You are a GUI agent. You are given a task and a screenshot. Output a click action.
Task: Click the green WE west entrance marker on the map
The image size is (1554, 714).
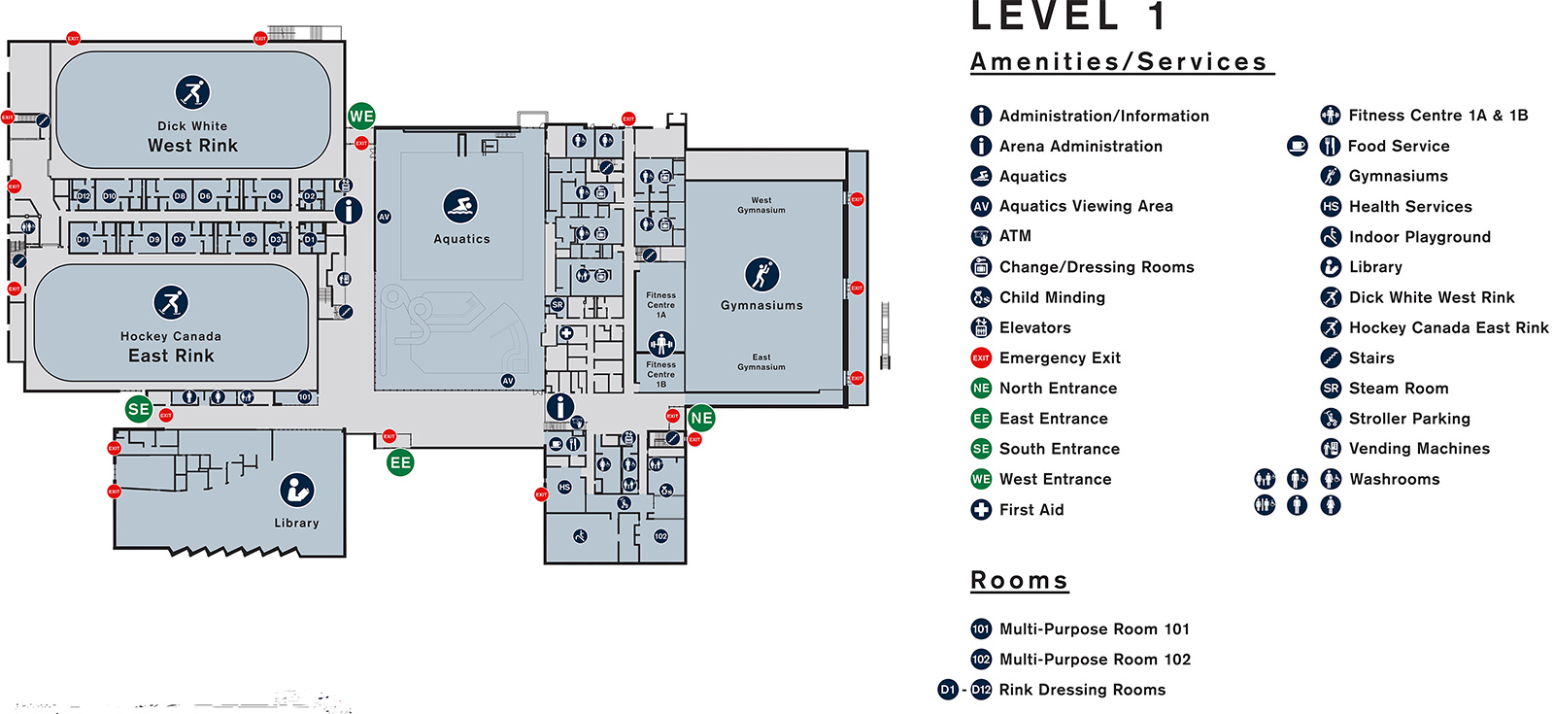[x=361, y=117]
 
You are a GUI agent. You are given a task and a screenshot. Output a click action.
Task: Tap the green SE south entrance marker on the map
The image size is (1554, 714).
[x=139, y=409]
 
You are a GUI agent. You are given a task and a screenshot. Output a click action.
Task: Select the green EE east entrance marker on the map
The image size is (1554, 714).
[x=400, y=463]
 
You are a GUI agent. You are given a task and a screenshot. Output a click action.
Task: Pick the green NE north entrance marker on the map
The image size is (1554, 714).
[x=701, y=419]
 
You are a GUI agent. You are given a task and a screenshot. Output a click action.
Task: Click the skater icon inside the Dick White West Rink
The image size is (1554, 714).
[x=192, y=92]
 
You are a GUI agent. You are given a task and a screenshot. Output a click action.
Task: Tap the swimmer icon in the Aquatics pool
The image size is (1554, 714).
[x=460, y=206]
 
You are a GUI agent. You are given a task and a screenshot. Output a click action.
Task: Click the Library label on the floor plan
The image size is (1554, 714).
[x=296, y=523]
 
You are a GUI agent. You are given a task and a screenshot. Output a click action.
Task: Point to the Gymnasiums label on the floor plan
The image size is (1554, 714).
[x=761, y=305]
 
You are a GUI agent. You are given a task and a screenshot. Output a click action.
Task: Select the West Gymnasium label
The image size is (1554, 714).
[x=761, y=205]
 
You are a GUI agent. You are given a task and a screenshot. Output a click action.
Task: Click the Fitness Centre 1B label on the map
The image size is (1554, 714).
[x=661, y=374]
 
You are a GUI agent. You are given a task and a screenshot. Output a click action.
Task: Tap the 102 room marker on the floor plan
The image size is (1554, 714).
[x=661, y=536]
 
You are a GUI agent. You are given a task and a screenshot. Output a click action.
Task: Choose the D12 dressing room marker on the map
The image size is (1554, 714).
[x=84, y=196]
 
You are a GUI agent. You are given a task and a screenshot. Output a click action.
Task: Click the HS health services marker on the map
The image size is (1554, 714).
[x=564, y=487]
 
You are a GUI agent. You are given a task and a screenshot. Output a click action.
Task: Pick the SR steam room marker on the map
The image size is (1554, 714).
[x=557, y=304]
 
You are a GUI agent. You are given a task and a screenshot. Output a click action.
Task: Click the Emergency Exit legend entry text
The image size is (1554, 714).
[x=1060, y=358]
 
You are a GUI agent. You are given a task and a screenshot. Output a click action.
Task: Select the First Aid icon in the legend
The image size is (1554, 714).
[x=981, y=509]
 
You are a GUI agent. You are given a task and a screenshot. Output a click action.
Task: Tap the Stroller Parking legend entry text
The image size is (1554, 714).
[x=1409, y=419]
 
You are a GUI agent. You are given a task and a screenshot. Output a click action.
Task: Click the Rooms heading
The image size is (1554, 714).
[x=1020, y=581]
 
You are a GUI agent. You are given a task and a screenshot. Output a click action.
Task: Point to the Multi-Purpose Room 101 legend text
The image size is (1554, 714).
[x=1095, y=629]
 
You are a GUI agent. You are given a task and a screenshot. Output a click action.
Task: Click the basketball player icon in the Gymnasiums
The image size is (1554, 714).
[x=761, y=274]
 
